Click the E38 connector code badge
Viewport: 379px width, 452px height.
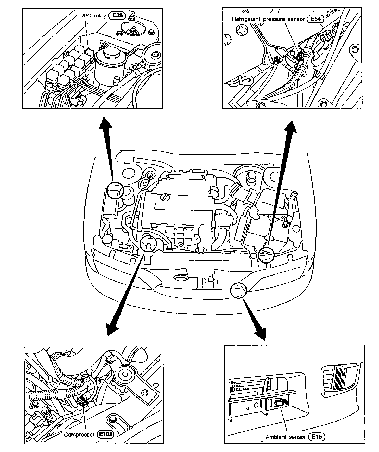click(117, 16)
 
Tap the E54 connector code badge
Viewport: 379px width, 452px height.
click(315, 19)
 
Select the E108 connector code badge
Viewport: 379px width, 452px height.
click(105, 434)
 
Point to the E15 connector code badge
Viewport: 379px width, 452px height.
click(317, 437)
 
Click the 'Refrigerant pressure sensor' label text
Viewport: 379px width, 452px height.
click(268, 19)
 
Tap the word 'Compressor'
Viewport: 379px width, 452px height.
click(79, 435)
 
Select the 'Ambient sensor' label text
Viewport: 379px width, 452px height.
click(286, 437)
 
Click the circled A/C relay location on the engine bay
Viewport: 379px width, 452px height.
click(115, 190)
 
